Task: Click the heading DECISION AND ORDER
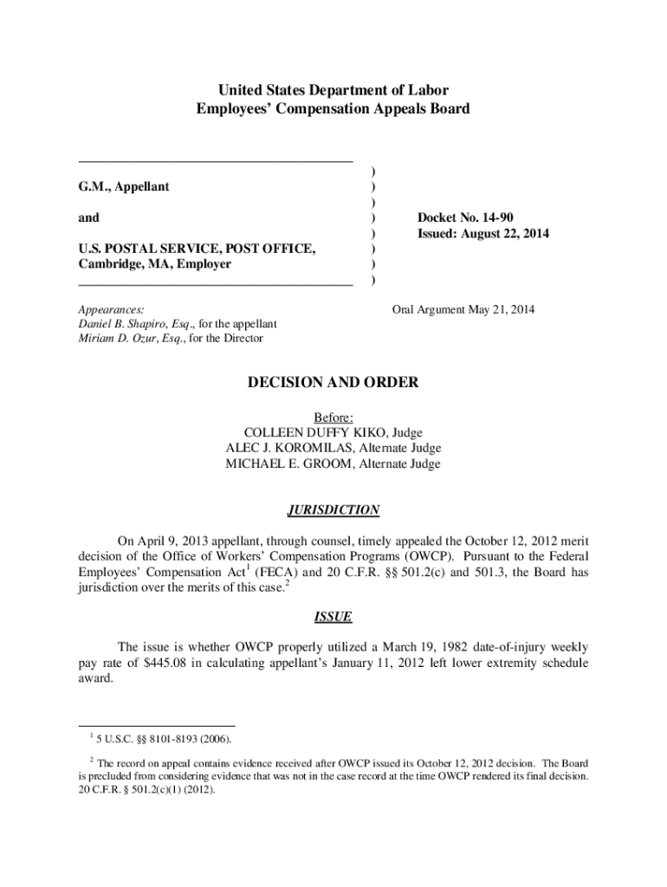pyautogui.click(x=333, y=382)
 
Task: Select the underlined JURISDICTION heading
pyautogui.click(x=333, y=510)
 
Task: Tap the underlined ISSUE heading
pyautogui.click(x=333, y=617)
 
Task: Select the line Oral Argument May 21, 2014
pyautogui.click(x=463, y=308)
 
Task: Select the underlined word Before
pyautogui.click(x=333, y=417)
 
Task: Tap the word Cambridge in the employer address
pyautogui.click(x=110, y=264)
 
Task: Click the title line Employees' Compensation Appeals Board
pyautogui.click(x=333, y=109)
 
